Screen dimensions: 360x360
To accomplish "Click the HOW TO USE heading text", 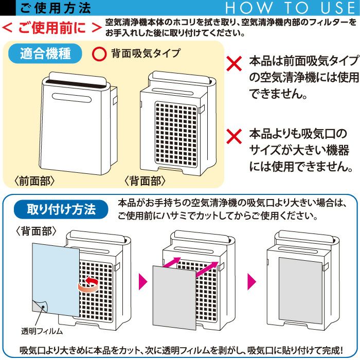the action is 290,8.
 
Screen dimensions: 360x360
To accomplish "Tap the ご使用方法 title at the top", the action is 56,8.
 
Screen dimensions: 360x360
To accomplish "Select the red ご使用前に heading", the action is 51,28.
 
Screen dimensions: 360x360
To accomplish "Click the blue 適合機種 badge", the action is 45,53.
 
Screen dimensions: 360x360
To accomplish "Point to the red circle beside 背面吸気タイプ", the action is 99,53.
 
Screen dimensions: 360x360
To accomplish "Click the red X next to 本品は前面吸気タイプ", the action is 234,63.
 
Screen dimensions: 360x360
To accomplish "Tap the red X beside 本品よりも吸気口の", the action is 234,136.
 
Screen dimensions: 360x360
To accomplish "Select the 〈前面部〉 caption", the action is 34,181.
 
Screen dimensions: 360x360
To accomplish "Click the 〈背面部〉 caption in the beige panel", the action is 145,181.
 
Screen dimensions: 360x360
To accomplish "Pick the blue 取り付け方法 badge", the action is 61,209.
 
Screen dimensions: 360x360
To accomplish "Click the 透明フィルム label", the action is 42,331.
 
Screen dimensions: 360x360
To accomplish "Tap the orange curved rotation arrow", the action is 88,285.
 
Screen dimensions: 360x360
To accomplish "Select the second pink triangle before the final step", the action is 251,281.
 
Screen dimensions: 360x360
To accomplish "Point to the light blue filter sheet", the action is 56,280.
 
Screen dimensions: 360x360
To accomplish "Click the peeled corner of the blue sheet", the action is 40,306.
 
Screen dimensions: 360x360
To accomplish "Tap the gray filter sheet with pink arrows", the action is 174,298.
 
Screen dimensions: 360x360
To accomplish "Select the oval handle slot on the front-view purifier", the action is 72,98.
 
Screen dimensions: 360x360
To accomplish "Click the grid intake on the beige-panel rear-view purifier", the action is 176,134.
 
